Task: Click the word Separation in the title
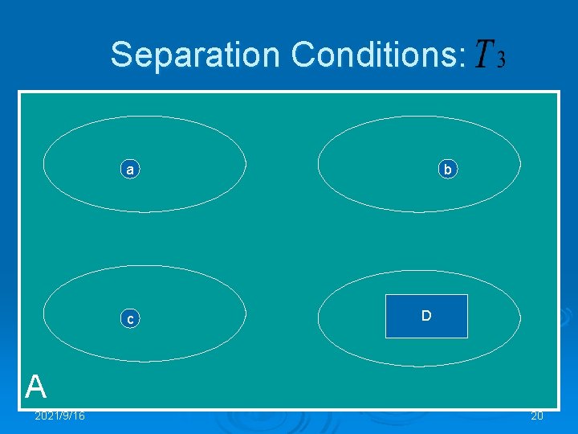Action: tap(196, 55)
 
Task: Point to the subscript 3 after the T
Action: tap(501, 62)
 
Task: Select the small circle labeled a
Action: tap(129, 170)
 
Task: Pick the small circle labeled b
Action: tap(448, 170)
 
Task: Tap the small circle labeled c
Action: tap(129, 319)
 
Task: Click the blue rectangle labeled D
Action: tap(426, 316)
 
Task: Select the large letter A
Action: tap(35, 387)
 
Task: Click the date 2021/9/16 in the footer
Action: tap(59, 416)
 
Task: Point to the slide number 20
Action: tap(536, 416)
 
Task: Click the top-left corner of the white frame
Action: tap(20, 92)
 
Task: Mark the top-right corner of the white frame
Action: tap(558, 92)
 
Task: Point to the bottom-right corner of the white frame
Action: tap(558, 409)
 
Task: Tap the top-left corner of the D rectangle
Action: tap(386, 296)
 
